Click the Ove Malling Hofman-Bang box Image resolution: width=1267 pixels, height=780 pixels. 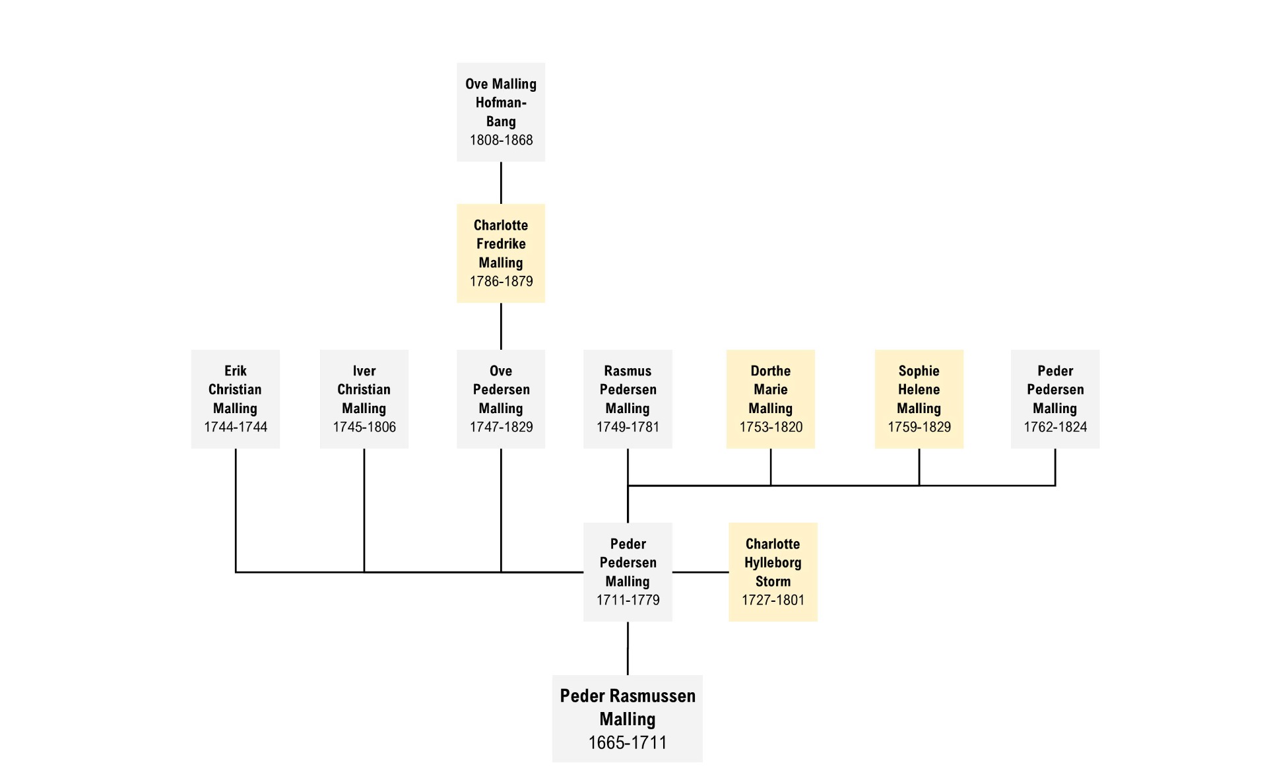click(x=501, y=112)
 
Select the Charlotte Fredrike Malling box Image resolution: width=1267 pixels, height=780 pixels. click(x=501, y=253)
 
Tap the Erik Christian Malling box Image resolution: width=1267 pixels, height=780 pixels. click(x=236, y=399)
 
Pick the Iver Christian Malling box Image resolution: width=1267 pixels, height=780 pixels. click(x=364, y=399)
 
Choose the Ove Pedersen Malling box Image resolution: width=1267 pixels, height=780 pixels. click(x=501, y=399)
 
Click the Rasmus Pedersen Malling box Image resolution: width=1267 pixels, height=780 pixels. click(x=628, y=399)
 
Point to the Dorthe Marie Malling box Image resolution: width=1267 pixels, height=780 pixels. click(x=771, y=399)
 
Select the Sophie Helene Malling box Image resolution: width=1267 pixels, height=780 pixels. click(x=919, y=399)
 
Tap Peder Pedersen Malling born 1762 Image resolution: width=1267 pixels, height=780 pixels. click(x=1055, y=399)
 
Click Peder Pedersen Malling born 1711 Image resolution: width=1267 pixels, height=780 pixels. click(x=628, y=572)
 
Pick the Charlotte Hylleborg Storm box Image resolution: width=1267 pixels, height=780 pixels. click(x=773, y=572)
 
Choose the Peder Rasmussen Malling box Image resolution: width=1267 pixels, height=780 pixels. click(x=628, y=719)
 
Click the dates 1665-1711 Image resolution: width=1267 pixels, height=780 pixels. click(x=628, y=743)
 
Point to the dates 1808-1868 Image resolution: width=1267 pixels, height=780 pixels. click(x=501, y=140)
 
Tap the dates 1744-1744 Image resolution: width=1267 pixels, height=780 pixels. click(x=236, y=427)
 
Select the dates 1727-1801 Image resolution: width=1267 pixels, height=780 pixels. click(x=773, y=600)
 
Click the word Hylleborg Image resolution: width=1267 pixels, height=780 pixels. click(x=773, y=563)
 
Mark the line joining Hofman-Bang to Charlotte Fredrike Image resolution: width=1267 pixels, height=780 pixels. click(x=501, y=183)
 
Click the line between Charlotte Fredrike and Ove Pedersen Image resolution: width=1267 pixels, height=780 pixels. click(x=501, y=327)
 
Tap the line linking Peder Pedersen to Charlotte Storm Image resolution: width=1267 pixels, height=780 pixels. click(x=700, y=572)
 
